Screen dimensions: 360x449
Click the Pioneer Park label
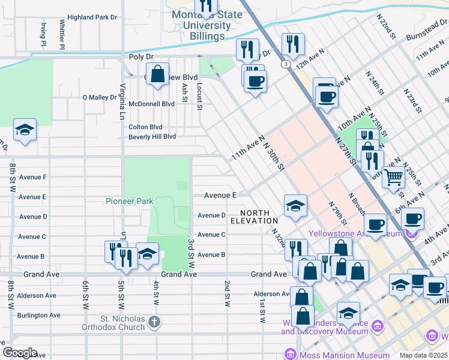click(x=129, y=202)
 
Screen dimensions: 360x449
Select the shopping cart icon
click(x=393, y=177)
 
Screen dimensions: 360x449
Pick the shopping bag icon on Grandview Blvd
click(x=157, y=75)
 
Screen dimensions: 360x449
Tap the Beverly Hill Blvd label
click(x=152, y=136)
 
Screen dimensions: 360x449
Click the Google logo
click(x=19, y=353)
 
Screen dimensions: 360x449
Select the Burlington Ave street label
click(x=39, y=315)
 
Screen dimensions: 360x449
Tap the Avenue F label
click(x=33, y=177)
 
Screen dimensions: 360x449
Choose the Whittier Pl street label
click(x=62, y=34)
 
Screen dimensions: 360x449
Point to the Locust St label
click(x=200, y=92)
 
